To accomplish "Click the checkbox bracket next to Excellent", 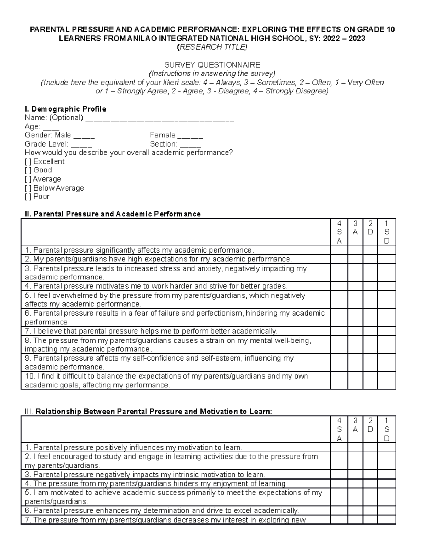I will (x=28, y=162).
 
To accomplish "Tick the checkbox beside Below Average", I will (x=28, y=188).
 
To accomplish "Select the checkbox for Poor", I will (x=28, y=197).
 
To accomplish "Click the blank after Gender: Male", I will (x=84, y=136).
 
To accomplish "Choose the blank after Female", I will (x=190, y=136).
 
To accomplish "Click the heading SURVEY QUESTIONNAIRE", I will (x=212, y=65).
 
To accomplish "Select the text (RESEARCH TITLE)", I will (x=212, y=47).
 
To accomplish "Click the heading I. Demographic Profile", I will (x=66, y=109).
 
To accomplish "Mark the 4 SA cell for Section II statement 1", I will (x=339, y=250).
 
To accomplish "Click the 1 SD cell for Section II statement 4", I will (x=386, y=286).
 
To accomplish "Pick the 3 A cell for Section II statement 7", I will (x=355, y=331).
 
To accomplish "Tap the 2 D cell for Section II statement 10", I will (x=370, y=381).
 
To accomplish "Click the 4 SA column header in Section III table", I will (x=339, y=429).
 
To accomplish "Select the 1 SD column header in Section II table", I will (x=386, y=232).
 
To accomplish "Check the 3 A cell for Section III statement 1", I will (x=355, y=448).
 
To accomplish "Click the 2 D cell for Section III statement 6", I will (x=370, y=511).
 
